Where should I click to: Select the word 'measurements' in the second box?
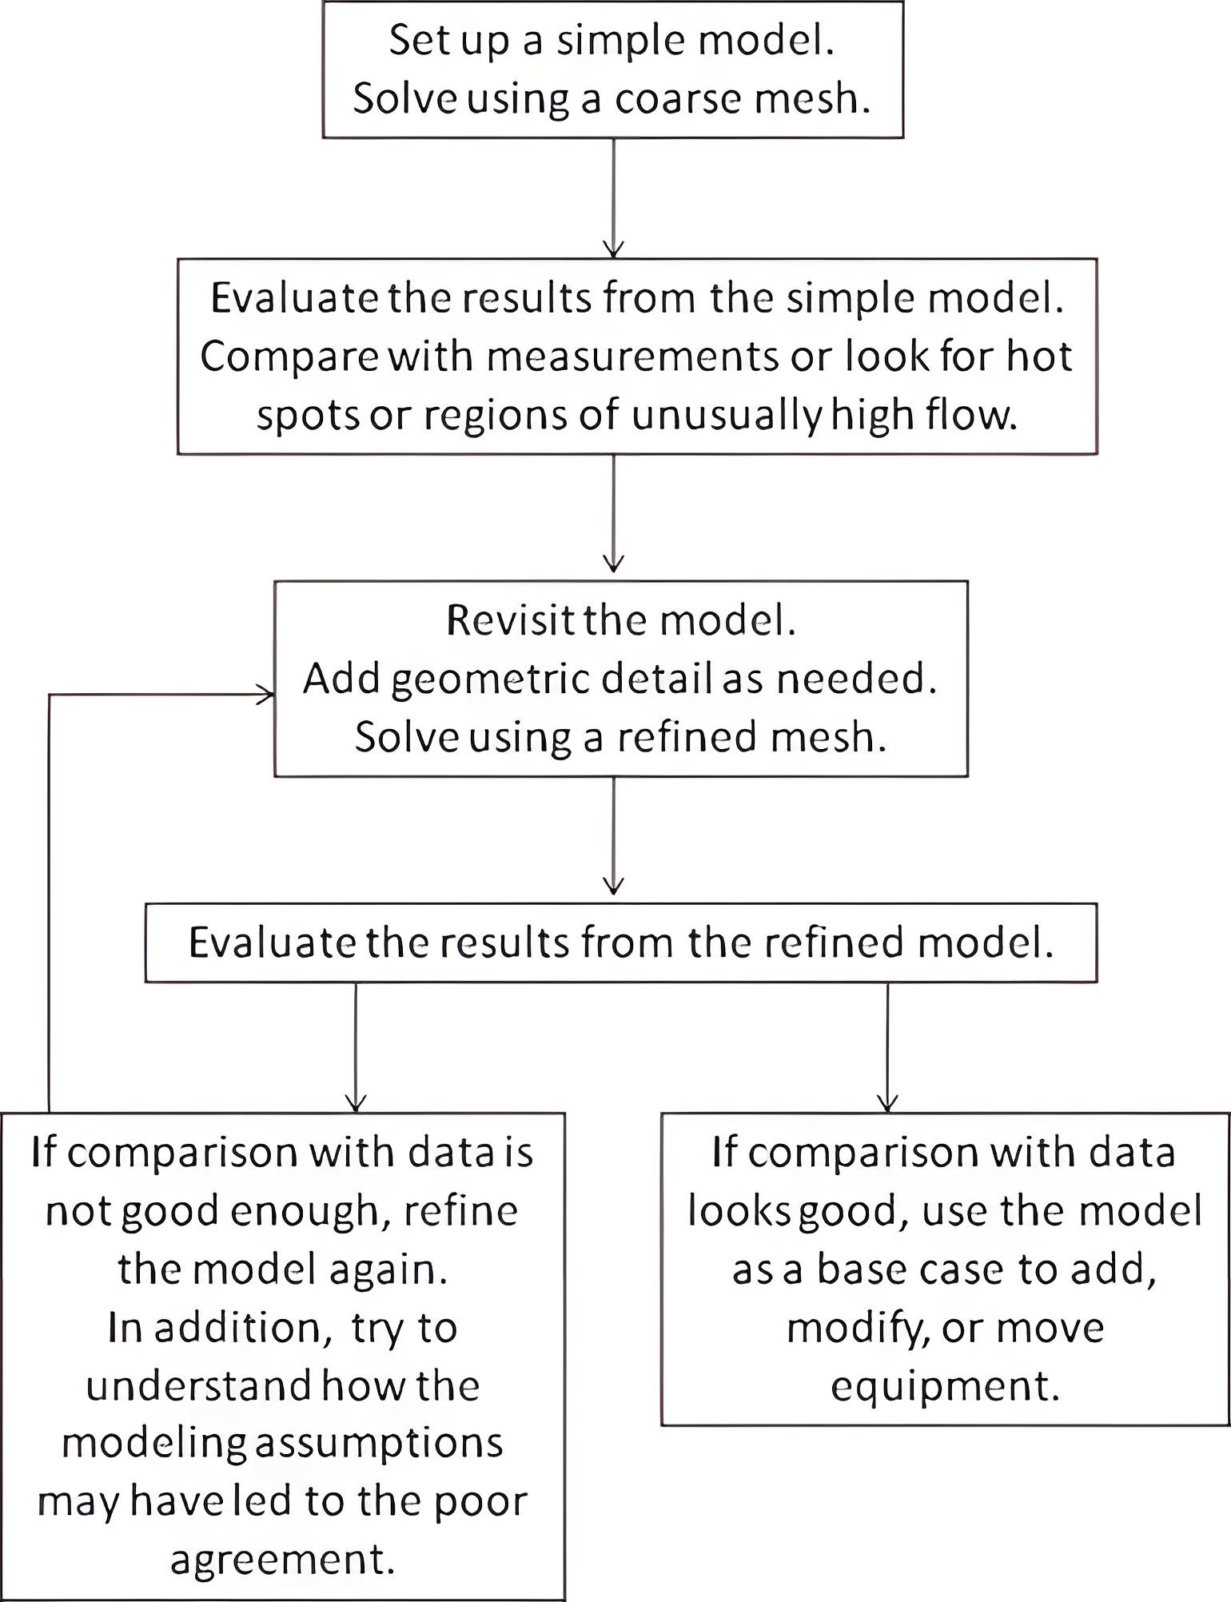[x=631, y=356]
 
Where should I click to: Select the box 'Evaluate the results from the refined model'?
[x=620, y=942]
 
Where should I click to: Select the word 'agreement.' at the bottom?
[x=283, y=1560]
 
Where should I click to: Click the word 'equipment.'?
[x=945, y=1385]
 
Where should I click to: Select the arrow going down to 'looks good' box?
[x=887, y=1047]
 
